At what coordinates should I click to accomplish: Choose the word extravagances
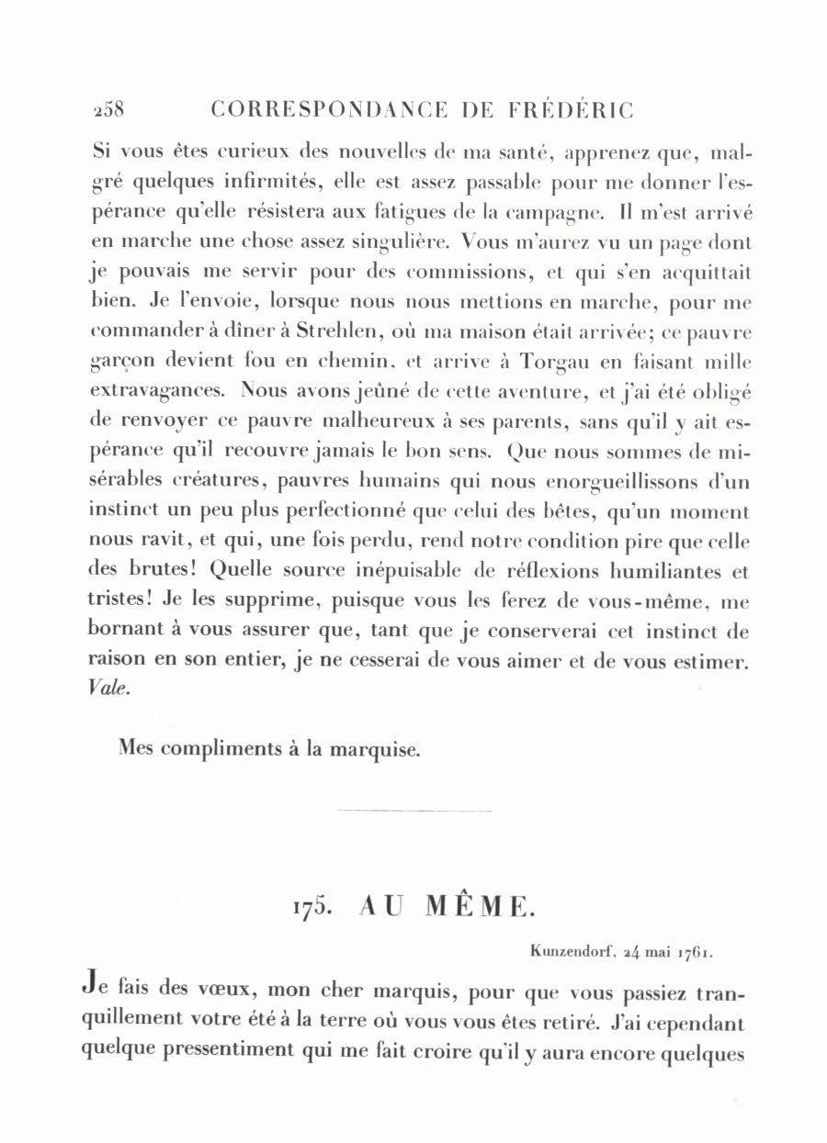[x=156, y=390]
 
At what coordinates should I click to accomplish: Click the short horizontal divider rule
[x=414, y=811]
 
